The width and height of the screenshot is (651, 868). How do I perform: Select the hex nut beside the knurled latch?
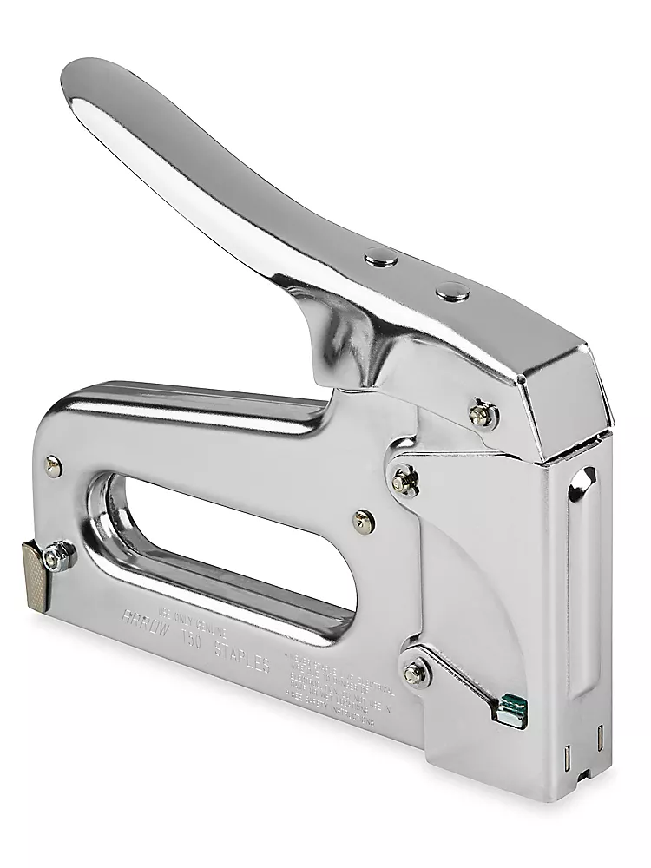coord(60,553)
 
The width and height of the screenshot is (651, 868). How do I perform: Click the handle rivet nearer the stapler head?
coord(450,291)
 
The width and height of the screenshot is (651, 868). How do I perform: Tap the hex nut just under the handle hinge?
coord(481,413)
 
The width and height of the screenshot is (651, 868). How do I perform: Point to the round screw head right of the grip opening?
coord(362,520)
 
